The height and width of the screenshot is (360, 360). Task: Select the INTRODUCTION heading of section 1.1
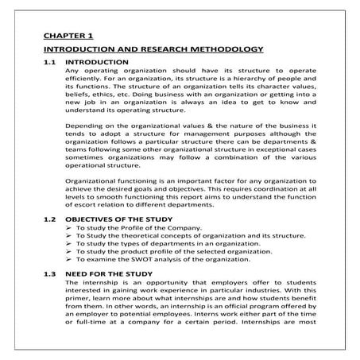click(x=97, y=62)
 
